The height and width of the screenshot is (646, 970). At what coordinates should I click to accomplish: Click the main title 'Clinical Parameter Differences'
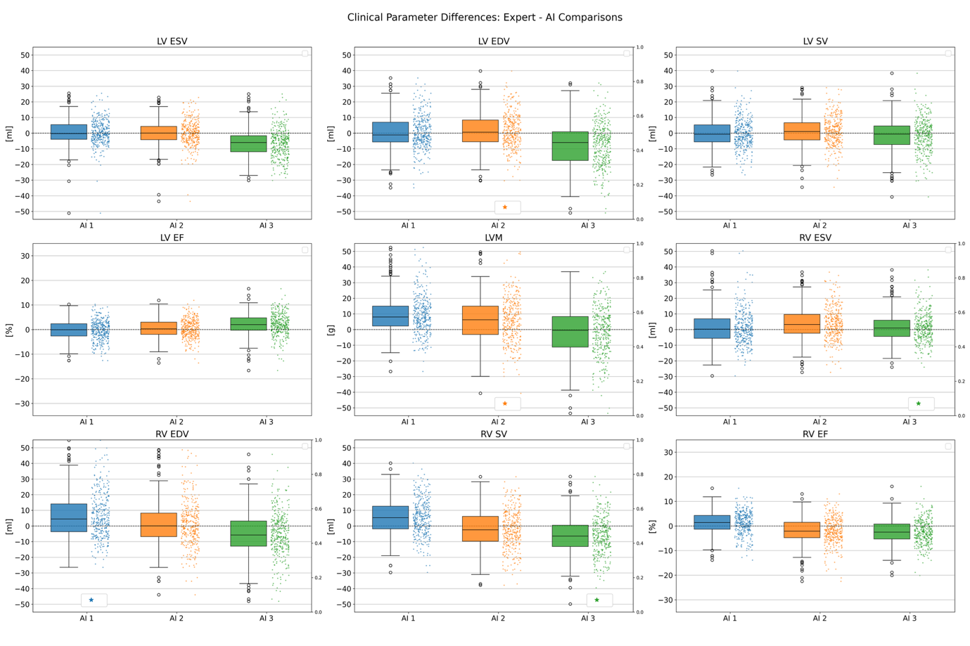(485, 17)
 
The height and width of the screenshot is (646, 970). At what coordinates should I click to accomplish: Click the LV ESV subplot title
(172, 41)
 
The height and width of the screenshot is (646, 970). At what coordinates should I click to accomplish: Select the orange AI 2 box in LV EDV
(480, 131)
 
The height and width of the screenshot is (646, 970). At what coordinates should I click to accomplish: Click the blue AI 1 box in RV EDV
(69, 517)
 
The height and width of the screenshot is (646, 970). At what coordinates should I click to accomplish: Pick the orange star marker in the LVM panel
(505, 403)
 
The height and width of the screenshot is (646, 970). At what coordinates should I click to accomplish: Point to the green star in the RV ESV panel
(919, 403)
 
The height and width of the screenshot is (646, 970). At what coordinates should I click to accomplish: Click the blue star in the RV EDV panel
(91, 600)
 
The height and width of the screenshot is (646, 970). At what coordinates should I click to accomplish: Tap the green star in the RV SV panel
(597, 600)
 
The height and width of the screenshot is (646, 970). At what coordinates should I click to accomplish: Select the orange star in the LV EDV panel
(505, 207)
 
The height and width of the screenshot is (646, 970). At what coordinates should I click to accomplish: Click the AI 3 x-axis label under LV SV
(910, 226)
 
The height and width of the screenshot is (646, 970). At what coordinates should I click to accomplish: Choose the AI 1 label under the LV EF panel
(87, 422)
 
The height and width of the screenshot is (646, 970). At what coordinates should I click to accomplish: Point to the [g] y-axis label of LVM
(331, 330)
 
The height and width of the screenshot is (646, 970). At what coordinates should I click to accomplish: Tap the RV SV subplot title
(494, 434)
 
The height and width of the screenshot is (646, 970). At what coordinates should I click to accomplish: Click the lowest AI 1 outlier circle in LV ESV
(69, 213)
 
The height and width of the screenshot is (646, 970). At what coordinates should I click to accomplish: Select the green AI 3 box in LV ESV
(248, 143)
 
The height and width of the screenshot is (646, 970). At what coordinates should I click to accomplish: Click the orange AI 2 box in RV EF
(802, 530)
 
